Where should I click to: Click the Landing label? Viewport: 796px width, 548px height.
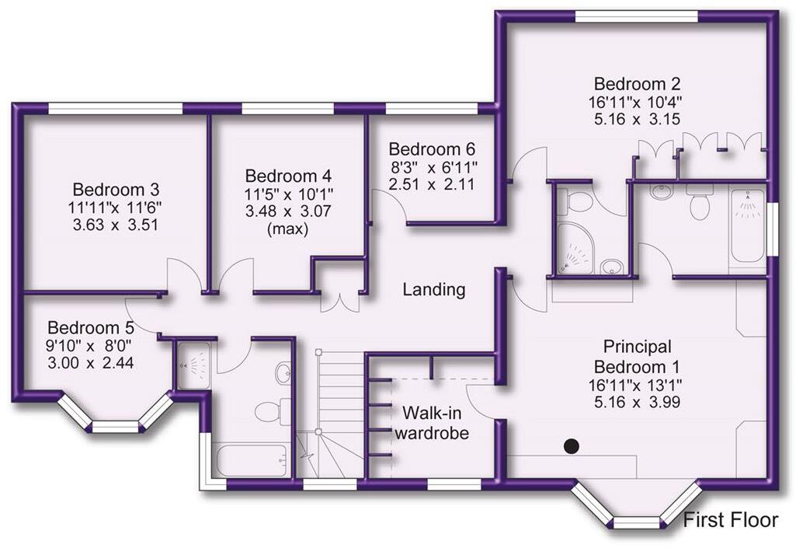coord(433,290)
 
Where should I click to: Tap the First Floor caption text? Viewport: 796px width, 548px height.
coord(730,520)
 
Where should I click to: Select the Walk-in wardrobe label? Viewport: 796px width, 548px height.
coord(432,421)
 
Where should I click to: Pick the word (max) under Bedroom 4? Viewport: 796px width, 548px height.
coord(287,230)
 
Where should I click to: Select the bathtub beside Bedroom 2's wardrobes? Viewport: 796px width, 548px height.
coord(747,226)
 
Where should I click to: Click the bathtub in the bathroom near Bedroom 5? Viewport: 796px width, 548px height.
coord(251,460)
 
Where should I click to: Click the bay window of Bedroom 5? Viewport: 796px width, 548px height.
coord(114,415)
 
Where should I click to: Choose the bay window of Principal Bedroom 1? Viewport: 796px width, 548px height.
coord(636,509)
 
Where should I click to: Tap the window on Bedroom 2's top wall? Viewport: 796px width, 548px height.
coord(635,16)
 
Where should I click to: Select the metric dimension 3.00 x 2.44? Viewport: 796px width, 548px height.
coord(91,362)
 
